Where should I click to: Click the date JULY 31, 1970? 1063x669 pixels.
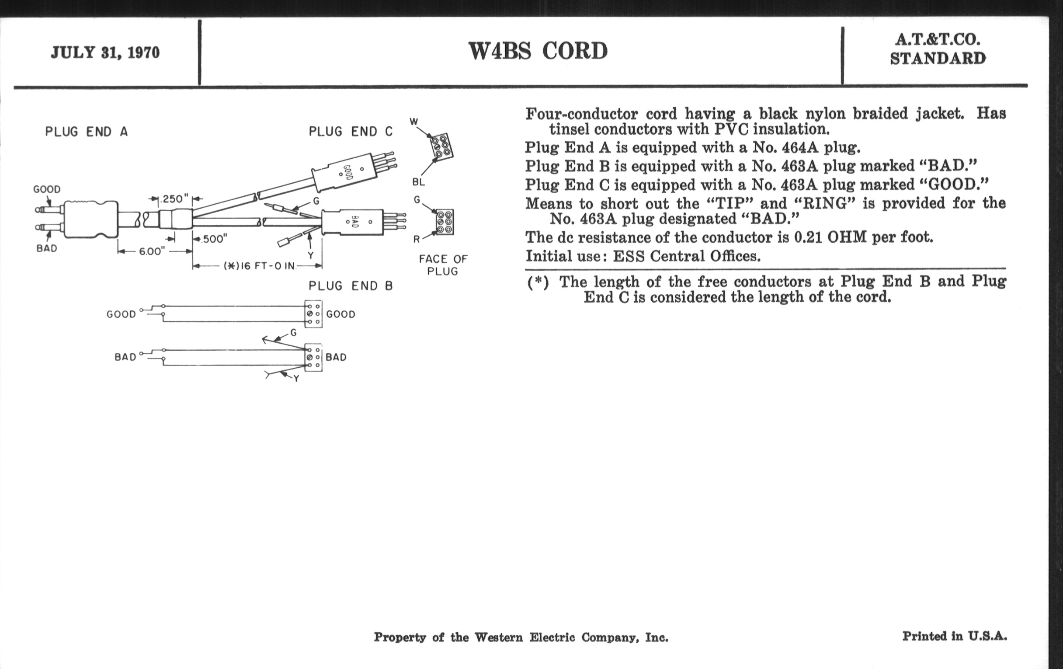point(105,53)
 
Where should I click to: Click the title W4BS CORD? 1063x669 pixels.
point(538,51)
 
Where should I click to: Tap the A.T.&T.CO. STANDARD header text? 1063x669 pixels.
point(937,49)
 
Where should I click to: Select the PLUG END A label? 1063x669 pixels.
point(87,132)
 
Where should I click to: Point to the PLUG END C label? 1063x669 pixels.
point(351,132)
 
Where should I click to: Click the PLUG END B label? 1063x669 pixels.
point(351,286)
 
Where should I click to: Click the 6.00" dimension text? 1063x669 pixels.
point(152,251)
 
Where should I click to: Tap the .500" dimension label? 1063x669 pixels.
point(214,239)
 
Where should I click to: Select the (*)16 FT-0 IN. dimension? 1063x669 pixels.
point(260,266)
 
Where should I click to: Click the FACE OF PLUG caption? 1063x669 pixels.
point(443,265)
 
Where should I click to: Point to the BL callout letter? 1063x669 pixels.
point(418,182)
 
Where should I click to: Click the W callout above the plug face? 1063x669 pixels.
point(413,122)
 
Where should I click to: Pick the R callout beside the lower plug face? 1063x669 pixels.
point(416,240)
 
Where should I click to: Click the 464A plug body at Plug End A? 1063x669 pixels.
point(90,220)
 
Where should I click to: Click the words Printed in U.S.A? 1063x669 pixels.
point(955,636)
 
